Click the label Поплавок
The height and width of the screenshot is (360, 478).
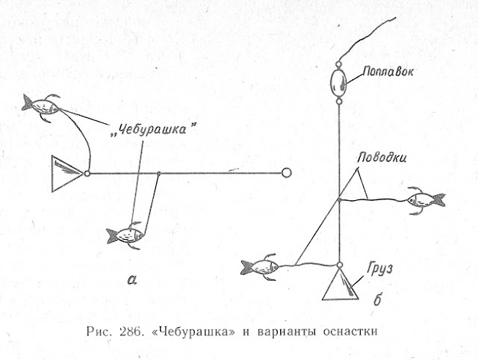click(x=388, y=72)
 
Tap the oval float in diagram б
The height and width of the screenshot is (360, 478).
click(x=338, y=82)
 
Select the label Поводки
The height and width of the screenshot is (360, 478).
click(x=382, y=158)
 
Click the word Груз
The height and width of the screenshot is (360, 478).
click(x=379, y=269)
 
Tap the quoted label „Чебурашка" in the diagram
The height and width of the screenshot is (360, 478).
click(x=152, y=129)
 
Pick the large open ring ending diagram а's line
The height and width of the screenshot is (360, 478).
click(x=286, y=173)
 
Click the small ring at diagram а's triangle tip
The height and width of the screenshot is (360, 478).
click(x=87, y=173)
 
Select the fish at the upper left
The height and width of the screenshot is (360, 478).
click(x=41, y=107)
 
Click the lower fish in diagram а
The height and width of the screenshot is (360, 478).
click(x=125, y=235)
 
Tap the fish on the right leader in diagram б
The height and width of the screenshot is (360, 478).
click(x=426, y=200)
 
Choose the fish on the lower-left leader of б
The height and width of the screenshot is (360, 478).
click(x=260, y=267)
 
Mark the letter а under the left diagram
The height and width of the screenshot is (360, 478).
click(x=132, y=279)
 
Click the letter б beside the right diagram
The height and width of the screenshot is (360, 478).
click(x=377, y=299)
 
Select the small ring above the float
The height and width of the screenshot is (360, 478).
click(x=338, y=65)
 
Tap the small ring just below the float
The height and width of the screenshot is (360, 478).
click(x=338, y=101)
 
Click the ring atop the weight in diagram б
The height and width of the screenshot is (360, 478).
click(x=340, y=265)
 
